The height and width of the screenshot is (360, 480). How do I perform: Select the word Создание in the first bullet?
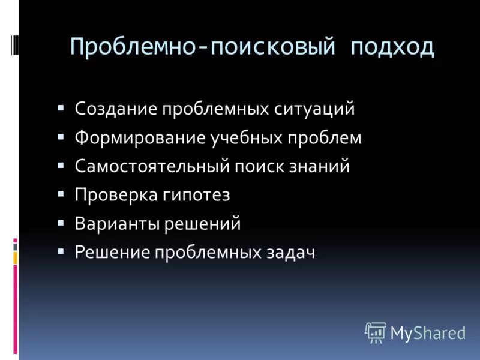tap(113, 109)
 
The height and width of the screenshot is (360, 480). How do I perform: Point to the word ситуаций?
tap(316, 109)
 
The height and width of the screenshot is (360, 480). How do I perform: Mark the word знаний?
tap(322, 166)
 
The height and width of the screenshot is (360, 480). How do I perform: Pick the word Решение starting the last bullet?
tap(112, 253)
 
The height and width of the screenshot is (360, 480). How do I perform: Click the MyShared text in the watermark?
tap(428, 333)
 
